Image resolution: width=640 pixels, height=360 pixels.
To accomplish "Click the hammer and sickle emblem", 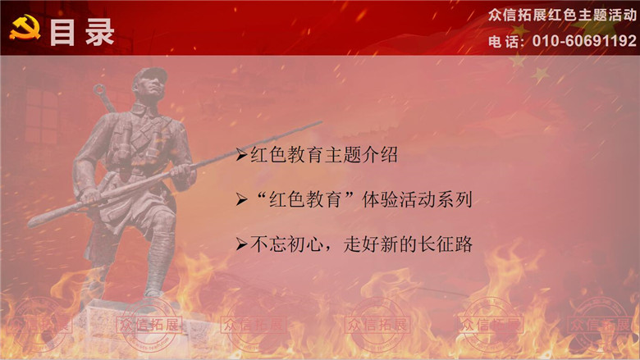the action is coord(25,27).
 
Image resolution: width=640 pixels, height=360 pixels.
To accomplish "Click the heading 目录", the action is coord(82,32).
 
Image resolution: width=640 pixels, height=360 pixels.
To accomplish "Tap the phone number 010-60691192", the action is coord(584,41).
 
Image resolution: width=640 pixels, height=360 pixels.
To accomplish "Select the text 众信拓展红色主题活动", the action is coord(562,16).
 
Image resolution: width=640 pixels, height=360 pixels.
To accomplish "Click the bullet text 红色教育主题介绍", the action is coord(323,154).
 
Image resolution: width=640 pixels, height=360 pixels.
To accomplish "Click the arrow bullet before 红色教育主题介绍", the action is coord(241,155).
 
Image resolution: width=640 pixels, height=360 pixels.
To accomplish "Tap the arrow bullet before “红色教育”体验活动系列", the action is coord(241,200).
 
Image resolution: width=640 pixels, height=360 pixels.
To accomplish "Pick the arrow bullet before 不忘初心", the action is coord(241,244).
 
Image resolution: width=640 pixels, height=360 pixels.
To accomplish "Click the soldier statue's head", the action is coord(150,84).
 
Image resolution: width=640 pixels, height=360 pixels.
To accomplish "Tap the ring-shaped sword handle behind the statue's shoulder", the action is coord(99,90).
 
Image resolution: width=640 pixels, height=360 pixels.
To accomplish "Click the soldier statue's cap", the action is coord(150,75).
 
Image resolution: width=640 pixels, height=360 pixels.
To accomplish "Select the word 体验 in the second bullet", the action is coord(381,199).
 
